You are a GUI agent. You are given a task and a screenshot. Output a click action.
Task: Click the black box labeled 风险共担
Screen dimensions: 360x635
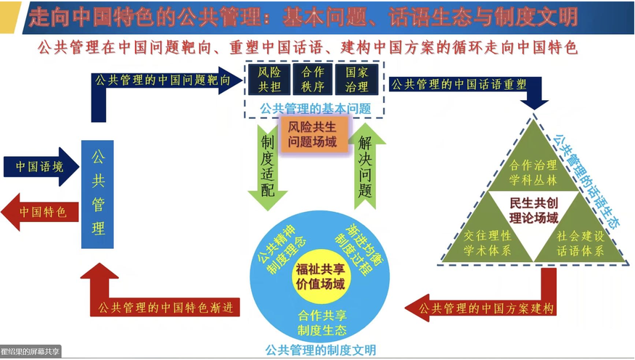click(x=270, y=80)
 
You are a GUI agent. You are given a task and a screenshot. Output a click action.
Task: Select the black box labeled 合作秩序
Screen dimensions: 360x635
click(x=313, y=80)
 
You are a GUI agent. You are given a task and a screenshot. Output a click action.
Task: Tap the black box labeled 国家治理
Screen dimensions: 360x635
click(x=356, y=80)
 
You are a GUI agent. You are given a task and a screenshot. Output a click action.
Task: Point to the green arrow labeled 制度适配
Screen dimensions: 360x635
click(x=268, y=163)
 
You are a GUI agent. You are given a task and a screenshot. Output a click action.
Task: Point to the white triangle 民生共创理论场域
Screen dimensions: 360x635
click(x=534, y=210)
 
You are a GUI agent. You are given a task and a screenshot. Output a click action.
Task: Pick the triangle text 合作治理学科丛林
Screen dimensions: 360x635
click(x=533, y=172)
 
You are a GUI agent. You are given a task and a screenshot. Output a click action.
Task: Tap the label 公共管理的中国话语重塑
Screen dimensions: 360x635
click(x=459, y=83)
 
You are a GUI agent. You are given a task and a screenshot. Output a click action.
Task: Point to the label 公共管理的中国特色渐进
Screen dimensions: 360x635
click(x=168, y=307)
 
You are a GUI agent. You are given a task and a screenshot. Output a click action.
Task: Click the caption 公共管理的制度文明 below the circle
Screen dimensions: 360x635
click(x=321, y=350)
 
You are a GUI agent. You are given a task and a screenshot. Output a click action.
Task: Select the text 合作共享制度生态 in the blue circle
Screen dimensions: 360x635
click(x=321, y=322)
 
